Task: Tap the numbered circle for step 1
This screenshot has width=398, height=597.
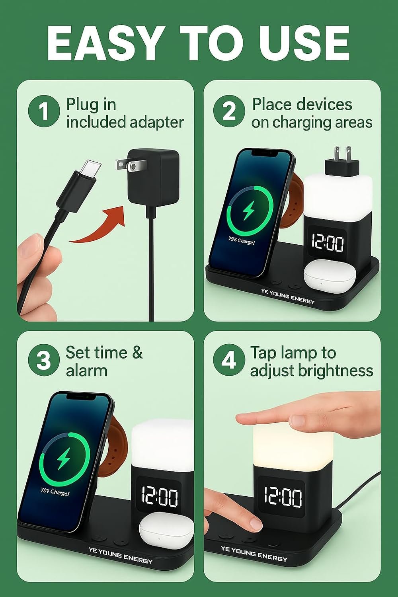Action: coord(44,111)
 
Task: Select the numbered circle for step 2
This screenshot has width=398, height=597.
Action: coord(229,111)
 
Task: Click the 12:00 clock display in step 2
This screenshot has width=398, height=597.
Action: coord(328,243)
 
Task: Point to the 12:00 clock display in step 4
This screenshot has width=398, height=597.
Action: coord(283,496)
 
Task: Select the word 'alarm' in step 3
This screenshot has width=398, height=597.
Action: coord(86,371)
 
